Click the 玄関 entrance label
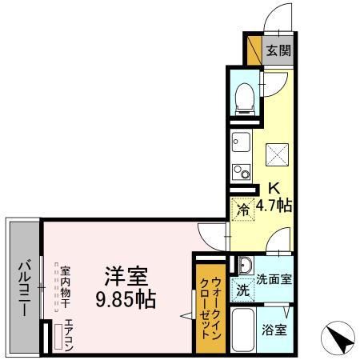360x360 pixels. tap(279, 50)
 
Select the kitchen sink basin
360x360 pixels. tap(241, 145)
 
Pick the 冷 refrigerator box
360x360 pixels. tap(243, 210)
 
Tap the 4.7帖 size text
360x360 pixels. tap(274, 206)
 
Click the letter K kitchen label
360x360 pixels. tap(274, 190)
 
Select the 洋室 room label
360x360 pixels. tap(126, 278)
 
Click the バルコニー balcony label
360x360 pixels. tap(24, 287)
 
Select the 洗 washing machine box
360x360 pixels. tap(243, 290)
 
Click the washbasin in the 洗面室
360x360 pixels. tap(244, 267)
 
